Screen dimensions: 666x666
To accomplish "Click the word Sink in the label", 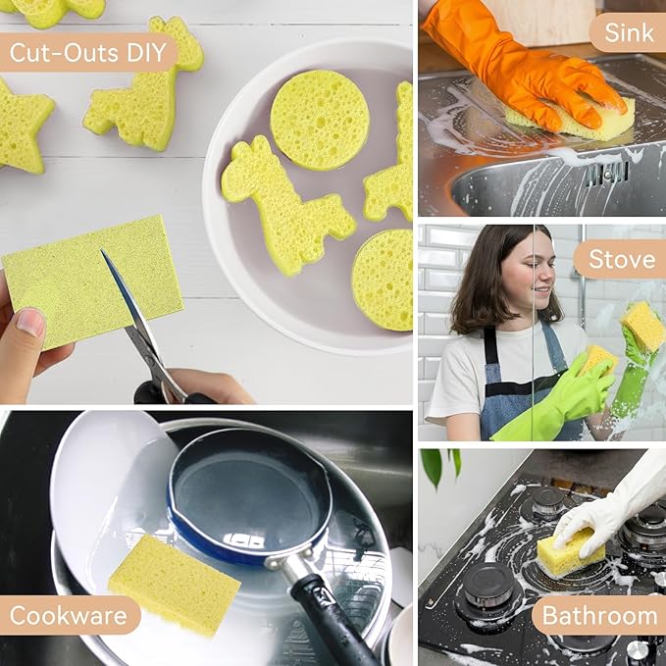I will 628,32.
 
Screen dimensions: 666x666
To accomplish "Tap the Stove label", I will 622,259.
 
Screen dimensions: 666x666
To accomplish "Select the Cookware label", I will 69,616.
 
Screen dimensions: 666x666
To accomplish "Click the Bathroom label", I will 599,616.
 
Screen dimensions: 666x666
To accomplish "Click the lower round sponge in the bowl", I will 384,280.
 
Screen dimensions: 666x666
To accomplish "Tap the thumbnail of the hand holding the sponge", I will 29,323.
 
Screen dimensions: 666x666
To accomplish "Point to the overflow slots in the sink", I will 606,173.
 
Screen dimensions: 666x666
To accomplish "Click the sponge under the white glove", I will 570,552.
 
